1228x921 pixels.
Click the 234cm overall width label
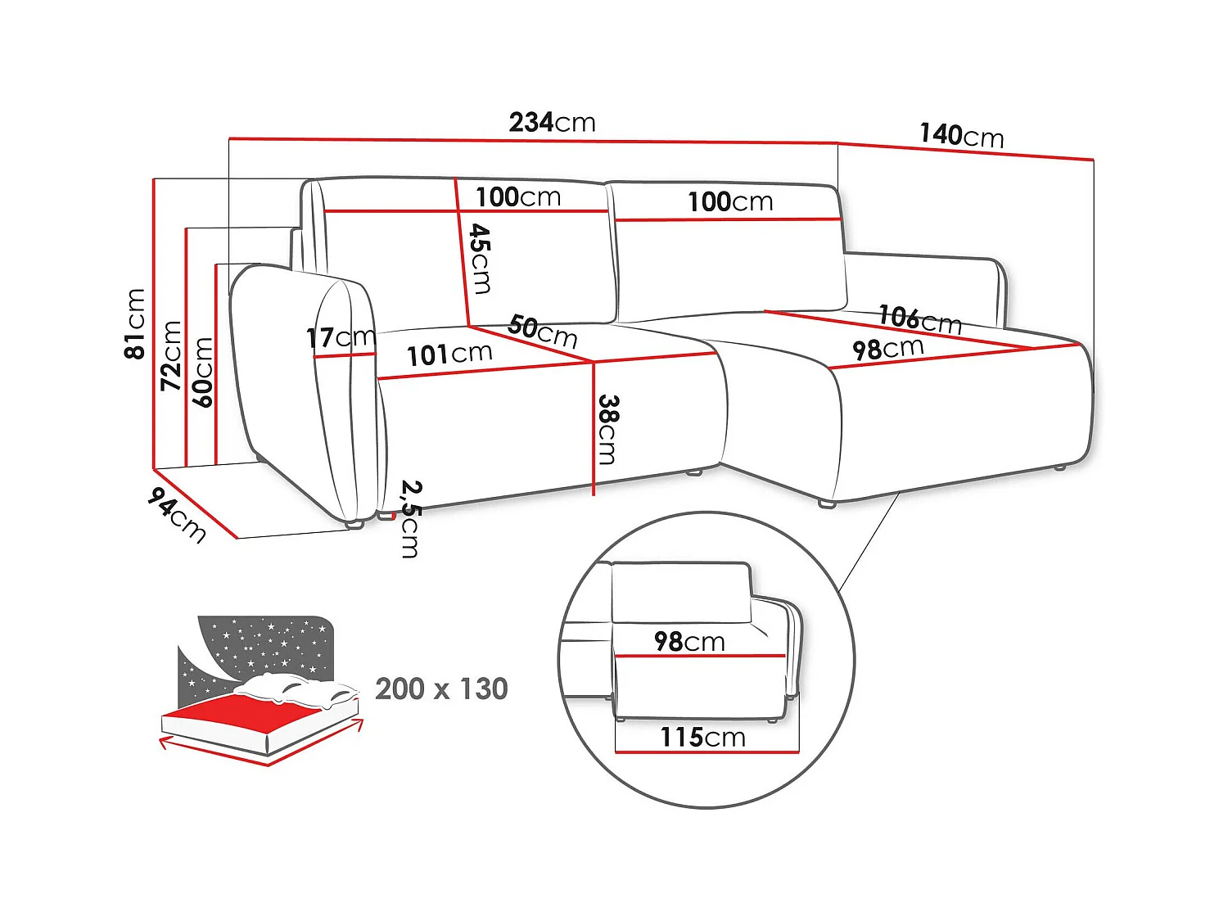[x=552, y=123]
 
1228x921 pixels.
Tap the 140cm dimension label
[x=961, y=135]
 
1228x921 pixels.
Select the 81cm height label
[x=135, y=323]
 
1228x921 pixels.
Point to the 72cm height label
[x=170, y=354]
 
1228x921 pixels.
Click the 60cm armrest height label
[x=202, y=372]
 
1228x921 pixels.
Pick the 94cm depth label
[x=177, y=515]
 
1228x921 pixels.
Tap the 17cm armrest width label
[x=340, y=336]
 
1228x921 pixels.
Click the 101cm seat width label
[x=449, y=354]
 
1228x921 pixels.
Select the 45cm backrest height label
[x=481, y=259]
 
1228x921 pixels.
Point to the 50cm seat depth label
[x=542, y=331]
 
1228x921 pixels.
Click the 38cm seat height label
[x=607, y=429]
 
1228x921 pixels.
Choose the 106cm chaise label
[x=919, y=318]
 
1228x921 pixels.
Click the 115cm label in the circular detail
[x=702, y=737]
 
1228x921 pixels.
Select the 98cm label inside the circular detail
[x=689, y=641]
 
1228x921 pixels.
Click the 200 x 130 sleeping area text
[x=441, y=688]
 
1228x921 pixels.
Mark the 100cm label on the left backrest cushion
[x=518, y=197]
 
